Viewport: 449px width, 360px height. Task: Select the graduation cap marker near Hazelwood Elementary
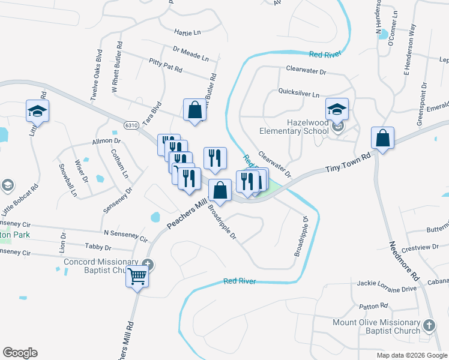pos(337,110)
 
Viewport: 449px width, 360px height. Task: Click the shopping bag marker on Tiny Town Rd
pos(382,139)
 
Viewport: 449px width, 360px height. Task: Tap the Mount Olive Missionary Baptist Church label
pos(376,326)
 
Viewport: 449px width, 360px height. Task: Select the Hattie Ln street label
pos(187,32)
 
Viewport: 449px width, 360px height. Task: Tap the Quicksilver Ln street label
pos(299,94)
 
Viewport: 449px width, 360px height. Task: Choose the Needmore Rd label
pos(403,261)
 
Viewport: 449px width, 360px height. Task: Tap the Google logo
pos(20,353)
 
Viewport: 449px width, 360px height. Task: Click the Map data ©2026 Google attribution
pos(412,355)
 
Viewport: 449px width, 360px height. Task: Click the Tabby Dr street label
pos(98,247)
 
